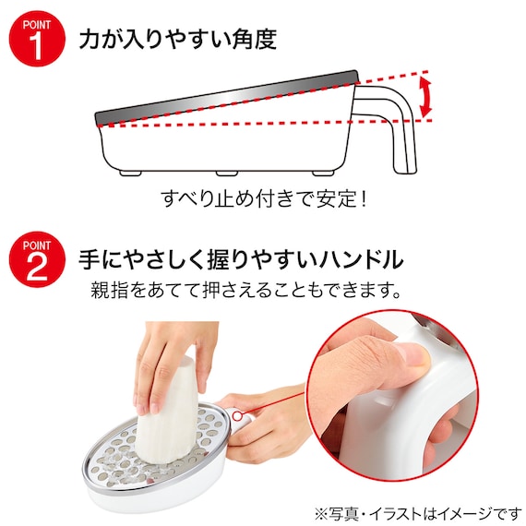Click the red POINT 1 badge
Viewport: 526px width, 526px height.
point(37,38)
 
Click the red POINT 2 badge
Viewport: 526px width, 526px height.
point(37,259)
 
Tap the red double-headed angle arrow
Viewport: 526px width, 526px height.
point(425,96)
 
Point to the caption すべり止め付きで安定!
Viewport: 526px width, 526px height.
point(264,199)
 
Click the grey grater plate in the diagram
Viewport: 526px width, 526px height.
point(226,99)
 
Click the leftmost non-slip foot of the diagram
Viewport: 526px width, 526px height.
point(131,173)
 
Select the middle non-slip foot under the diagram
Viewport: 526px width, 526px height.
point(227,173)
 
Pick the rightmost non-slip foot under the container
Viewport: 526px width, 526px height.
point(323,173)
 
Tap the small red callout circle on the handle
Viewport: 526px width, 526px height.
point(237,416)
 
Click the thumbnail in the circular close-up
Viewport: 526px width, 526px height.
point(415,355)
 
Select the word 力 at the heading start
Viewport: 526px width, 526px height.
point(90,39)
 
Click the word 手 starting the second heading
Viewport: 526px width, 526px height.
point(90,259)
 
